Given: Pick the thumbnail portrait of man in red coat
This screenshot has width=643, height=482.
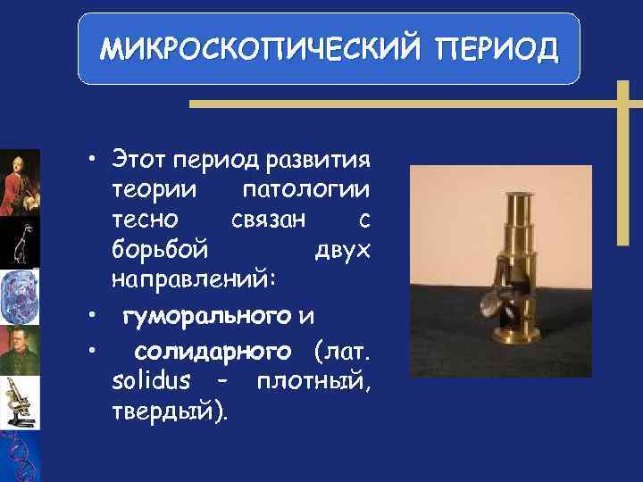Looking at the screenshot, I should (20, 182).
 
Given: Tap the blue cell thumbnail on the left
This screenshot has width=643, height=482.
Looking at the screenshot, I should (20, 295).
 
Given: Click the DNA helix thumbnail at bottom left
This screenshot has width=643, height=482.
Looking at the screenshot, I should (20, 455).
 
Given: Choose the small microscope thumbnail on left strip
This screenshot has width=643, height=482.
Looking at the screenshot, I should (20, 401).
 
